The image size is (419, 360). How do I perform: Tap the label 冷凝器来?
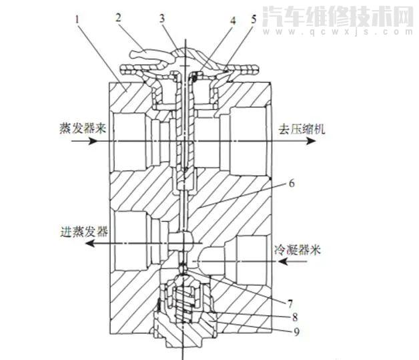298,252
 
